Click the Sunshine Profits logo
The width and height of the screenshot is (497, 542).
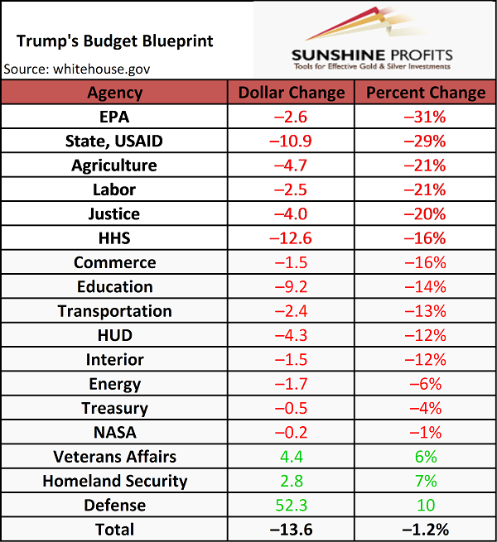point(373,41)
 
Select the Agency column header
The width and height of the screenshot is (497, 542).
point(114,93)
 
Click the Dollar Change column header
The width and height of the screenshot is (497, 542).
point(291,93)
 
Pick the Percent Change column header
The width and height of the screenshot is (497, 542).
point(426,93)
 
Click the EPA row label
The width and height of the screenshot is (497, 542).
point(114,117)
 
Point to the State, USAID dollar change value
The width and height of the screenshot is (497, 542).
point(291,141)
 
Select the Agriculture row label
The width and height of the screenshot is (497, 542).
point(114,165)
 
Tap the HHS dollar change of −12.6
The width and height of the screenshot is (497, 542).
point(291,238)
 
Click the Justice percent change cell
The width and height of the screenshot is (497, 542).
point(425,214)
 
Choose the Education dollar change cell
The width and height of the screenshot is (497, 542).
point(291,287)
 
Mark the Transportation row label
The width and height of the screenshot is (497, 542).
point(114,311)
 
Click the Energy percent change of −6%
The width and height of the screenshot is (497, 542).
point(425,384)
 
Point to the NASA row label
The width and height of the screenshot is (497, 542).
point(114,432)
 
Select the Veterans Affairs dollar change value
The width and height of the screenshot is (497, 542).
point(291,457)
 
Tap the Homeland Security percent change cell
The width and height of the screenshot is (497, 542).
point(425,481)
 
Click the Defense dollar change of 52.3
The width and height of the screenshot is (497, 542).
point(291,505)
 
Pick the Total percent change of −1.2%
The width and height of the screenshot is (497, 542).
point(425,530)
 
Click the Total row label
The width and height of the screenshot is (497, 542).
point(114,530)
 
